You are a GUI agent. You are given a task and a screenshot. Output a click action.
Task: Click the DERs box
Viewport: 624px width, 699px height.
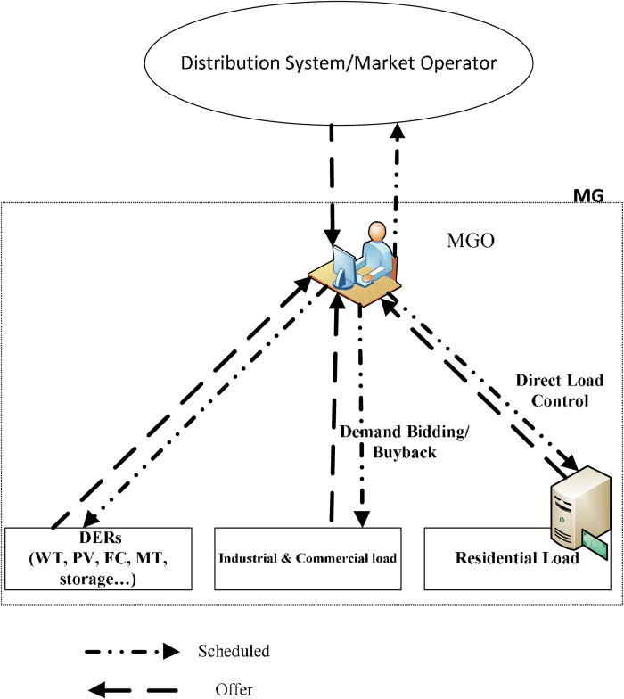(98, 558)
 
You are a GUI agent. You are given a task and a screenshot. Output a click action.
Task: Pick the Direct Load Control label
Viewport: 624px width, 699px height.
(559, 391)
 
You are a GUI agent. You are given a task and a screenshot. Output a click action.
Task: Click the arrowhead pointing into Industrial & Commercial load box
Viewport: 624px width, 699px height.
(361, 520)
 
